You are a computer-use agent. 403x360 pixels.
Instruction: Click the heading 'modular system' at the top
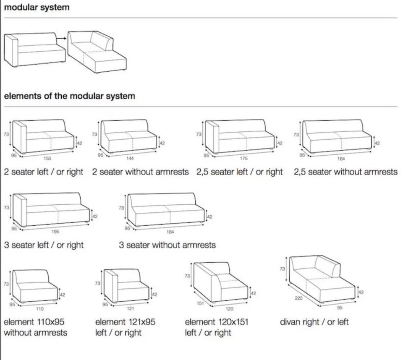tap(37, 8)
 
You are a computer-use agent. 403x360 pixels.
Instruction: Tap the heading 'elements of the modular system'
tap(70, 96)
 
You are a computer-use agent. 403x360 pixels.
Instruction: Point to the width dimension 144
tap(130, 158)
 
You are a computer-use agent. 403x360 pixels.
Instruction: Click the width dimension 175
tap(243, 158)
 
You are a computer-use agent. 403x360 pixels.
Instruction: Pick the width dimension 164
tap(341, 159)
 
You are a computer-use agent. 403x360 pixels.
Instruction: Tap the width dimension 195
tap(56, 231)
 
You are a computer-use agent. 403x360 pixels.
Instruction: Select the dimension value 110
tap(39, 309)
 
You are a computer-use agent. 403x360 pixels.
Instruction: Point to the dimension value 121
tap(131, 308)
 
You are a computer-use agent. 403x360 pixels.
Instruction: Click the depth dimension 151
tap(200, 304)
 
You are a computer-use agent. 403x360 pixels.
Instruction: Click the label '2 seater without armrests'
tap(140, 172)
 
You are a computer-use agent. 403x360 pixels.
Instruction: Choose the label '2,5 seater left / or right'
tap(239, 172)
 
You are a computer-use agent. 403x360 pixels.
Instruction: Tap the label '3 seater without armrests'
tap(167, 245)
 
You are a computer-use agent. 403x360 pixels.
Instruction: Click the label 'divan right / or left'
tap(314, 322)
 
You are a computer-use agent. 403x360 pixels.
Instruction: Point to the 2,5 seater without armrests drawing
tap(338, 136)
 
